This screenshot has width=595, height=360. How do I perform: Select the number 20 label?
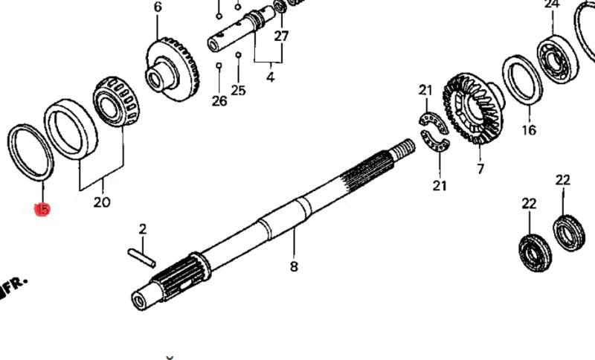click(101, 202)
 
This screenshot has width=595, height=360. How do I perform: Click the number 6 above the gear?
click(158, 7)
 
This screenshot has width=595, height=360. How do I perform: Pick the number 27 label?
click(280, 36)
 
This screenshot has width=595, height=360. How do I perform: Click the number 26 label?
click(219, 101)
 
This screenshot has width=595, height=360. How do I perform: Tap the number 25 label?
click(238, 91)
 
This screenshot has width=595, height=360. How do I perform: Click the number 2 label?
click(144, 229)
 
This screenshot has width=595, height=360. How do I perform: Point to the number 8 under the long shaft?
click(294, 266)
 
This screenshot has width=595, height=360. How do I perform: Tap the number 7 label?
click(480, 170)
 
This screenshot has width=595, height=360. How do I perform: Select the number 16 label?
click(529, 131)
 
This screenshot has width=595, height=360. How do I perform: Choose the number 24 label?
click(551, 4)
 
